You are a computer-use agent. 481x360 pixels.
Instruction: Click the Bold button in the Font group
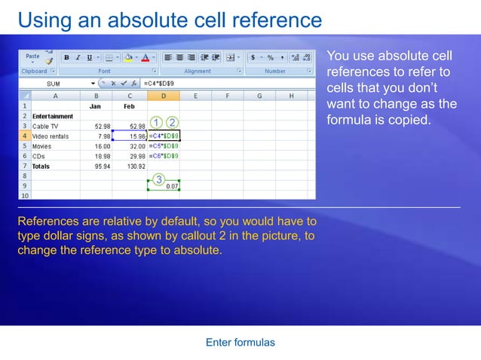66,57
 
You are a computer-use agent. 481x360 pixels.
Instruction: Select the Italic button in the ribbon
78,57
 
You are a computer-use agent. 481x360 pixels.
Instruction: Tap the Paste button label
32,56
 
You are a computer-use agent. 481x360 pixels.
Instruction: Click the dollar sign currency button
253,57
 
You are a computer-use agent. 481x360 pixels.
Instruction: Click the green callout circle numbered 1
155,122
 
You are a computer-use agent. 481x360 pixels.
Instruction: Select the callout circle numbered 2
172,122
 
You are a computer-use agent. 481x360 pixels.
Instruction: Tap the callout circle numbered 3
159,179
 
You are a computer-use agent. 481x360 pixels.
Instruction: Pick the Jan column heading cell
95,106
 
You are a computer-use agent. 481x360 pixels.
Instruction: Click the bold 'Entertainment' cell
53,116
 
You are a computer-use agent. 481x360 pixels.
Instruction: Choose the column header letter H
291,96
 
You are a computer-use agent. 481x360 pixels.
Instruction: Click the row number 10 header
24,195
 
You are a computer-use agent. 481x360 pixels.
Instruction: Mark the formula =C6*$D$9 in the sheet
164,155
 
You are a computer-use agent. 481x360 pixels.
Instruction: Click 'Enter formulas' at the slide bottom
240,343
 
